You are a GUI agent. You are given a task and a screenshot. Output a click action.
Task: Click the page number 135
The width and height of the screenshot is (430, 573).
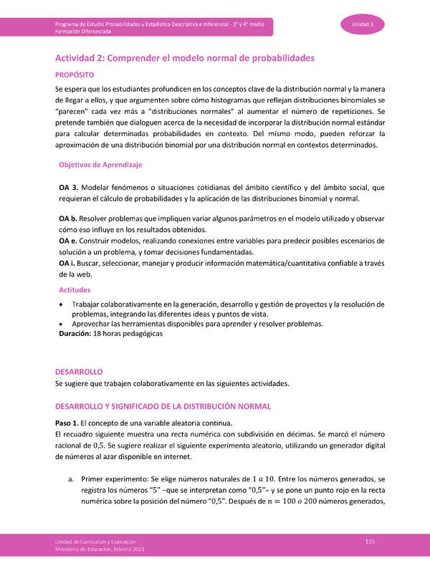click(370, 541)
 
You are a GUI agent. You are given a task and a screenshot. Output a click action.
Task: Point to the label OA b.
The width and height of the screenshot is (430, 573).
click(67, 217)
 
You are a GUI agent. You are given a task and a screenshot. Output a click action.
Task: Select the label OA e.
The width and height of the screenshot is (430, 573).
click(67, 241)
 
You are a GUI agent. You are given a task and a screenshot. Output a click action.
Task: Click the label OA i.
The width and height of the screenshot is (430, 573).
click(67, 264)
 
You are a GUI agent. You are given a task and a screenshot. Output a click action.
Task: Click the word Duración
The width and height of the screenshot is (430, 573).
click(75, 334)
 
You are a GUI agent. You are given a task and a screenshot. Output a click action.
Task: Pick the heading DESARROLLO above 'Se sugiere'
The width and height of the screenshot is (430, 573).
click(79, 372)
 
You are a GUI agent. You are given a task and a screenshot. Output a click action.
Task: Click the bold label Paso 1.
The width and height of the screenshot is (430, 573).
click(70, 424)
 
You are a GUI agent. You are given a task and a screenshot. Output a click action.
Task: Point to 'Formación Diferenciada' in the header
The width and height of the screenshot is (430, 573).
click(82, 32)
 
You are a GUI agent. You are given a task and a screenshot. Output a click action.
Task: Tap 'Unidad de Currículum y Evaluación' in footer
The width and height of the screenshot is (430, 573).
click(97, 541)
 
